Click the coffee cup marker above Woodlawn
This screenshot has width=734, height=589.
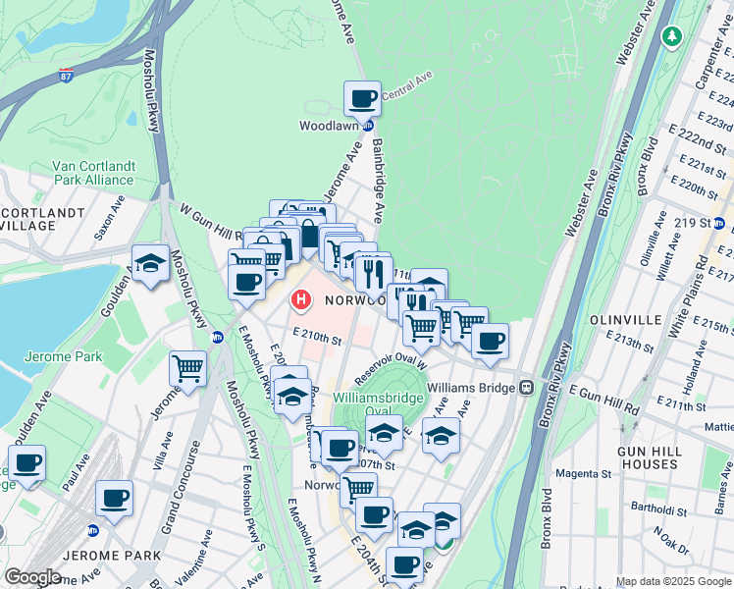362,98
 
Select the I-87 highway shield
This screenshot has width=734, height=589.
65,74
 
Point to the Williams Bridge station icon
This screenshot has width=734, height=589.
527,388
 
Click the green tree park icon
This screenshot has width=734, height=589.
671,36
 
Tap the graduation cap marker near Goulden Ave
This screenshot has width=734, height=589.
150,262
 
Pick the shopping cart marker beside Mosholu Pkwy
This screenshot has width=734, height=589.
187,369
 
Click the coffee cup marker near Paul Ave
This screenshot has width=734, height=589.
26,463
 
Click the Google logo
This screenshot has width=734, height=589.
32,577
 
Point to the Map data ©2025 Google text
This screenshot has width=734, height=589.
673,581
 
